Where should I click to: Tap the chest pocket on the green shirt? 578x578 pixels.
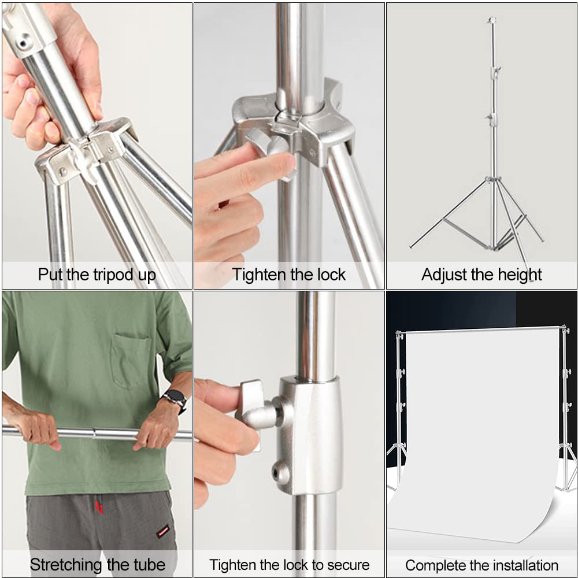click(x=131, y=361)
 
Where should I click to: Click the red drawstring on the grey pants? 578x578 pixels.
click(x=99, y=507)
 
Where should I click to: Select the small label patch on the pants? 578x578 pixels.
click(x=164, y=531)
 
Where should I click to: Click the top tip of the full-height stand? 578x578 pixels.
click(x=491, y=20)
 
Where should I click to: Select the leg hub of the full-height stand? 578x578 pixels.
click(x=492, y=180)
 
